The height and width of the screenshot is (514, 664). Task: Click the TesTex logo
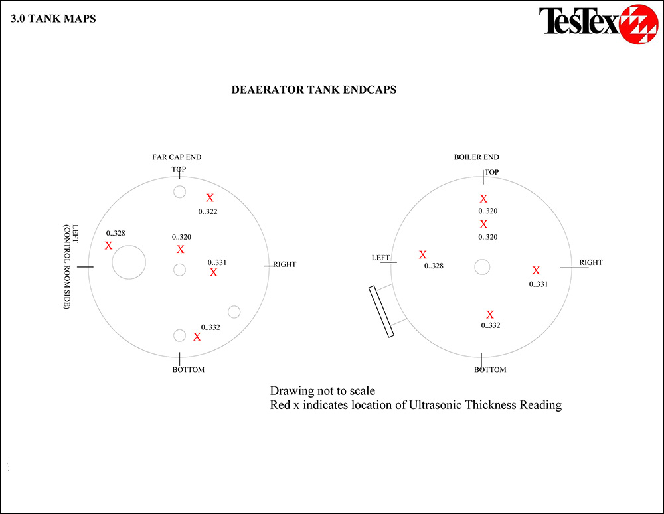point(598,23)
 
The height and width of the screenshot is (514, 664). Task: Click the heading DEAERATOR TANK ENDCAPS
point(314,90)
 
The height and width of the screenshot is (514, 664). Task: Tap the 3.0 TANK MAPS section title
point(53,19)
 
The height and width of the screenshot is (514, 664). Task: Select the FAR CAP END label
point(177,157)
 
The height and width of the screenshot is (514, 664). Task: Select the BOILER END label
point(476,157)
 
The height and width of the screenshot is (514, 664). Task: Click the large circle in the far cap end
point(129,246)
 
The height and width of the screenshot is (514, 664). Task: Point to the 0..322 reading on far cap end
point(207,211)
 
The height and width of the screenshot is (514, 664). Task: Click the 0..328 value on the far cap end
point(115,233)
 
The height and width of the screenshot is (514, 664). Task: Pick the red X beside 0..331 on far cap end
point(213,272)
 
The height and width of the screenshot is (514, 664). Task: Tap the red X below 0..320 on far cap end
point(181,249)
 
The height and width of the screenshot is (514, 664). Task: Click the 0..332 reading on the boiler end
point(491,325)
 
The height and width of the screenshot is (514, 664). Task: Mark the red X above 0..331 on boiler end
point(536,270)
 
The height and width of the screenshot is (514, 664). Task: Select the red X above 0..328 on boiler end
point(422,254)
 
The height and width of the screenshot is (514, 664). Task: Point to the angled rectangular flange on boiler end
point(381,311)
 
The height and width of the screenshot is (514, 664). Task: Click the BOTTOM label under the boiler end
point(490,370)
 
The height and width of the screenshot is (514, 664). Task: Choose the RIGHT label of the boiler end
point(591,262)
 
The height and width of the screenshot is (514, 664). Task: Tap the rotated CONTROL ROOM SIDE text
point(66,267)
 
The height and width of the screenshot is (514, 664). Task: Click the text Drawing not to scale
point(322,390)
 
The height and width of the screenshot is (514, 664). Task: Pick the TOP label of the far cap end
point(179,169)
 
